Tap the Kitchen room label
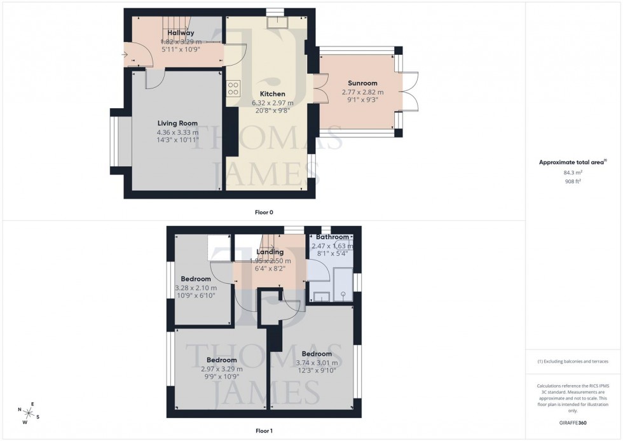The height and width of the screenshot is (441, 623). coord(272,94)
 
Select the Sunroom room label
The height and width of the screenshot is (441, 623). coord(362,83)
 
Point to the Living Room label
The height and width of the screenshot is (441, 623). coord(177,123)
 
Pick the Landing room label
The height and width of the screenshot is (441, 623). coord(270,252)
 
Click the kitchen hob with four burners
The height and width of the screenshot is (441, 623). coord(233,88)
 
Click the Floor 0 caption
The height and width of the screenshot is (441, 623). coord(263,212)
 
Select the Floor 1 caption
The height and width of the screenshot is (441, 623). coord(263,431)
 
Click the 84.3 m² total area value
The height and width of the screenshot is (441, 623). coord(573,172)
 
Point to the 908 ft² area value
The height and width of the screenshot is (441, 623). coord(573,181)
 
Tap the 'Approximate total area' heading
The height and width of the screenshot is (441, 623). coord(573,162)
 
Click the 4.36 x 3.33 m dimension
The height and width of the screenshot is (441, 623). coord(177,132)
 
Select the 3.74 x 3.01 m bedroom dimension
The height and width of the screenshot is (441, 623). coord(316,363)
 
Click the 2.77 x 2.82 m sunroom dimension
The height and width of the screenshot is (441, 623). coord(362,92)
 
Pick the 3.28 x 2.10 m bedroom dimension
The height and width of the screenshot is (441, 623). coord(195,288)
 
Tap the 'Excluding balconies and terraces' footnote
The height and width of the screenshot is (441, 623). coord(573,361)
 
